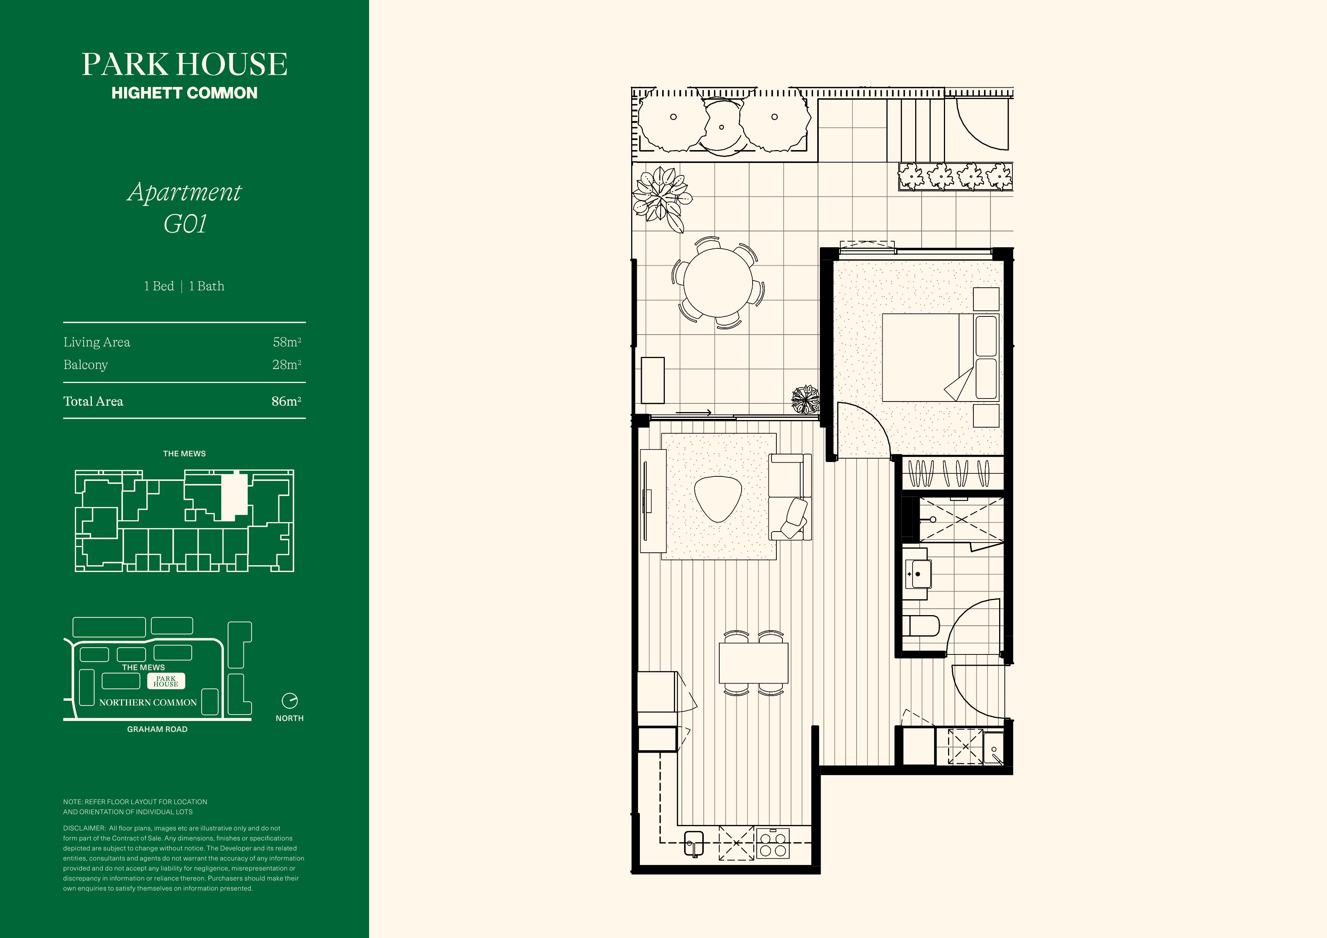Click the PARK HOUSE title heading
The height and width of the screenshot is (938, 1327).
(185, 64)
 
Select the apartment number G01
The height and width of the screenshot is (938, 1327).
(185, 224)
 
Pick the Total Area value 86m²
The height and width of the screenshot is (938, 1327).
(287, 401)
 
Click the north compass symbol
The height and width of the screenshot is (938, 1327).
(290, 701)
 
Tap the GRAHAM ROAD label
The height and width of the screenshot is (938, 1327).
(157, 729)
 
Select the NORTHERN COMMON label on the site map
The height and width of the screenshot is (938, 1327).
(148, 703)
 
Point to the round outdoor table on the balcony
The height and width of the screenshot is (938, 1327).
(718, 283)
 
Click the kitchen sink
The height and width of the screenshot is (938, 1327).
(694, 843)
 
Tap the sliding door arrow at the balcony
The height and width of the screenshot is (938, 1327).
(694, 412)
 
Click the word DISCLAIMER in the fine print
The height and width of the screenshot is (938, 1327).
(84, 828)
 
